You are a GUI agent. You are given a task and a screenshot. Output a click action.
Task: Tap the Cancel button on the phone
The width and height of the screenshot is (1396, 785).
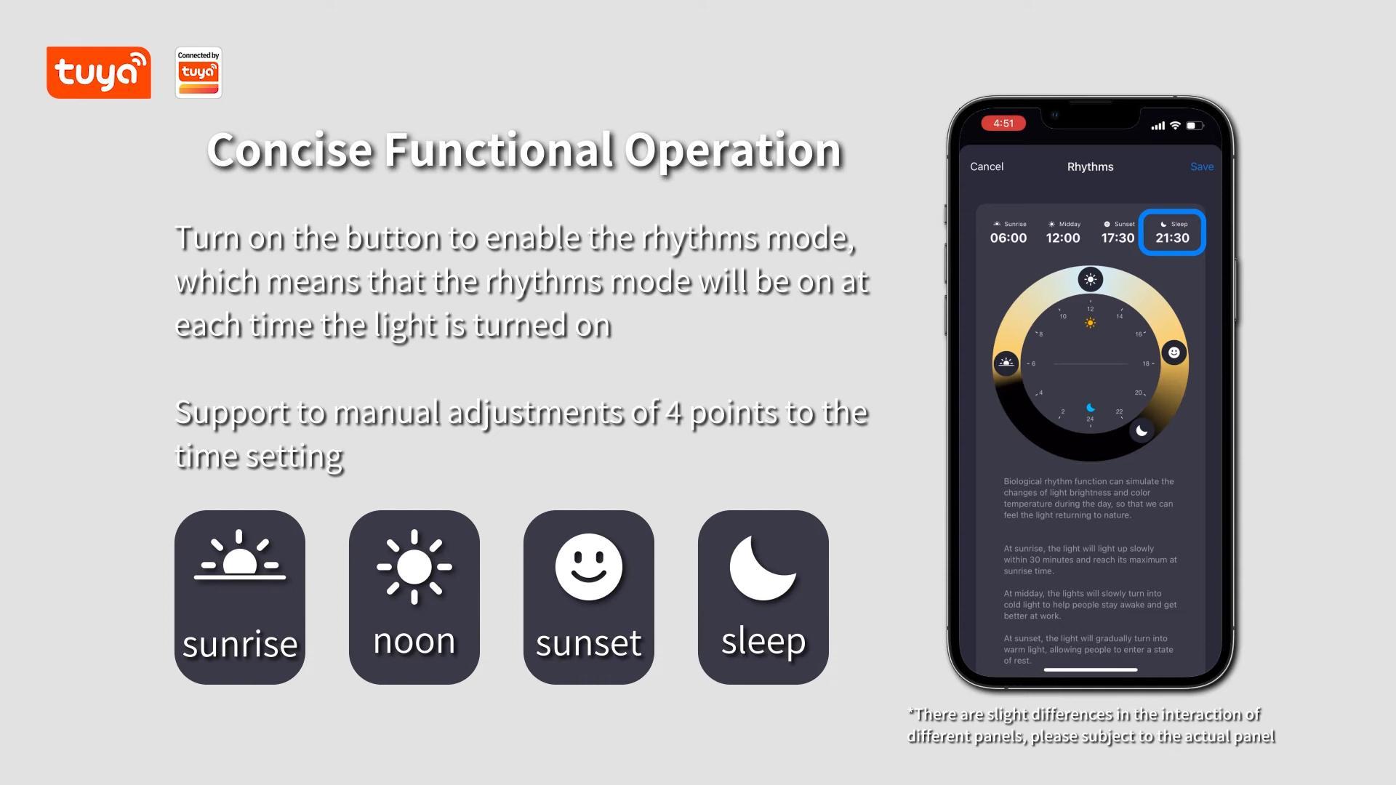point(986,166)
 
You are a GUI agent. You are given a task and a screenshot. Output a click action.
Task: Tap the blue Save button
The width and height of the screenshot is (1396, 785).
point(1201,166)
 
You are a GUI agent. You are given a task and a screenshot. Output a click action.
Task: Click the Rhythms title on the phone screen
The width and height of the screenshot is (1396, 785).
point(1090,166)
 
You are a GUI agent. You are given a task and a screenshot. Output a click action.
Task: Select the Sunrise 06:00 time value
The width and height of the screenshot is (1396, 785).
point(1008,238)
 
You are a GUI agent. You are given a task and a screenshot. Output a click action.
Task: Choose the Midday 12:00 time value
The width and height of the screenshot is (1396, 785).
point(1063,238)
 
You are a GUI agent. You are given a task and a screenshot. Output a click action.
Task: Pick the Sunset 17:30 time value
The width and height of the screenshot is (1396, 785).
point(1118,238)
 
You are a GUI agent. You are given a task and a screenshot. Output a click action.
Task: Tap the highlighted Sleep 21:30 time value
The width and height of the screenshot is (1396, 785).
point(1172,238)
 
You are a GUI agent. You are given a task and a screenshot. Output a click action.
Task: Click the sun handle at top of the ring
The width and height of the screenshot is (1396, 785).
point(1090,279)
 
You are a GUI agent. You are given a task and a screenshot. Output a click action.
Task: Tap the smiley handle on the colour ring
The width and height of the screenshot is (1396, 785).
point(1174,353)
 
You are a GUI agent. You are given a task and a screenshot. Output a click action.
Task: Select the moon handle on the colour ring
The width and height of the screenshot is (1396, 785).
point(1142,430)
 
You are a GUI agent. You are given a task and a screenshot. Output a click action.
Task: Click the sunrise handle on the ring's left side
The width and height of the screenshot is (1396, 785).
point(1006,362)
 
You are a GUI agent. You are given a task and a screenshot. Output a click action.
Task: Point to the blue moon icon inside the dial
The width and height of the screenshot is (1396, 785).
point(1090,408)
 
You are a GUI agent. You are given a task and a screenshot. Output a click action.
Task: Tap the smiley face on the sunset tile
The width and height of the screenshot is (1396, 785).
point(589,567)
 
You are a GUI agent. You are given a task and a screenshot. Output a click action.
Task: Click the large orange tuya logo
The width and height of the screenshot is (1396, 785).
point(99,73)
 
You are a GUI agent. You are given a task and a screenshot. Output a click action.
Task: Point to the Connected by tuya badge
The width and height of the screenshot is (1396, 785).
point(198,73)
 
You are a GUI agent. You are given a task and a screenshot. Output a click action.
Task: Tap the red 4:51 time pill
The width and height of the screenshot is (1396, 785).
point(1003,124)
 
